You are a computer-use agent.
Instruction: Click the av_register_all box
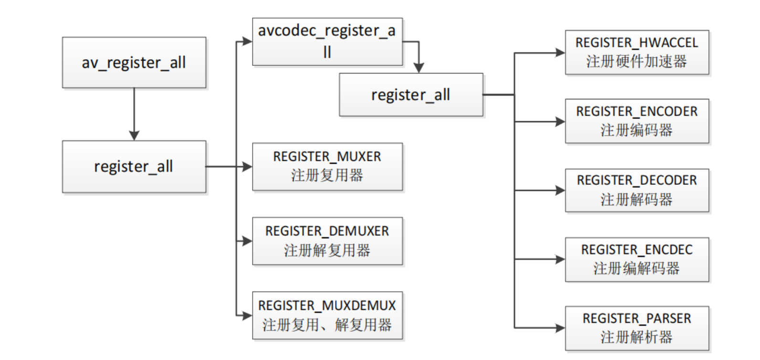[134, 63]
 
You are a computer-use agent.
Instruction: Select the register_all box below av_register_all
[134, 167]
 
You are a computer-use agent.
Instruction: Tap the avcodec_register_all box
[327, 42]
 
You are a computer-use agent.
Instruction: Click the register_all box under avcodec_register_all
[411, 95]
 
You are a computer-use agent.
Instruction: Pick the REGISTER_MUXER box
[327, 167]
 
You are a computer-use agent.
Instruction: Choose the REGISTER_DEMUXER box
[327, 241]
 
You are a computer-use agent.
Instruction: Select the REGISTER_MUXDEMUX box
[327, 316]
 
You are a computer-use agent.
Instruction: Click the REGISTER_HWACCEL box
[637, 53]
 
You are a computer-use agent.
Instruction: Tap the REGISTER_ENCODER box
[637, 121]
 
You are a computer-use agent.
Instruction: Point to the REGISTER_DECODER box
[637, 190]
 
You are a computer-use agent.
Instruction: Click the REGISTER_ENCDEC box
[637, 259]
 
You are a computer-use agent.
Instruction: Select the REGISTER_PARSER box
[637, 328]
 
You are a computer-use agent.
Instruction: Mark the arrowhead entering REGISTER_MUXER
[247, 167]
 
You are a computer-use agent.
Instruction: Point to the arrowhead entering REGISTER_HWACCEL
[560, 53]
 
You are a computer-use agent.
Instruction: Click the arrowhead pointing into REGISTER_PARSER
[560, 328]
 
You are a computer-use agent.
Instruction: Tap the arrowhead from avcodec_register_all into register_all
[419, 68]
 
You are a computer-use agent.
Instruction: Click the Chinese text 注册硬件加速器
[637, 62]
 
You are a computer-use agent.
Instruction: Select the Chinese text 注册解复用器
[327, 250]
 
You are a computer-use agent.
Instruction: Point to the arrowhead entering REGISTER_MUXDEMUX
[247, 316]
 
